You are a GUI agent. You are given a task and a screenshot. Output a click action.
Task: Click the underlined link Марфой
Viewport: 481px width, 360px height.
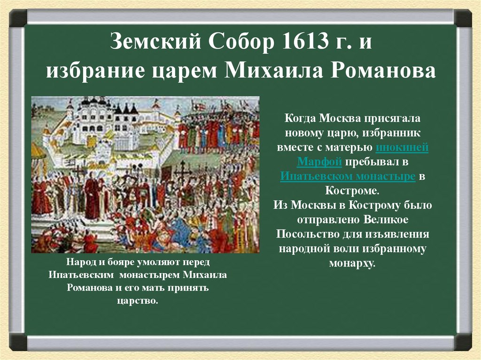click(319, 162)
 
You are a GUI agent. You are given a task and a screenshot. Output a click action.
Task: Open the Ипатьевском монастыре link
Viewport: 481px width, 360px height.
click(348, 176)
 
